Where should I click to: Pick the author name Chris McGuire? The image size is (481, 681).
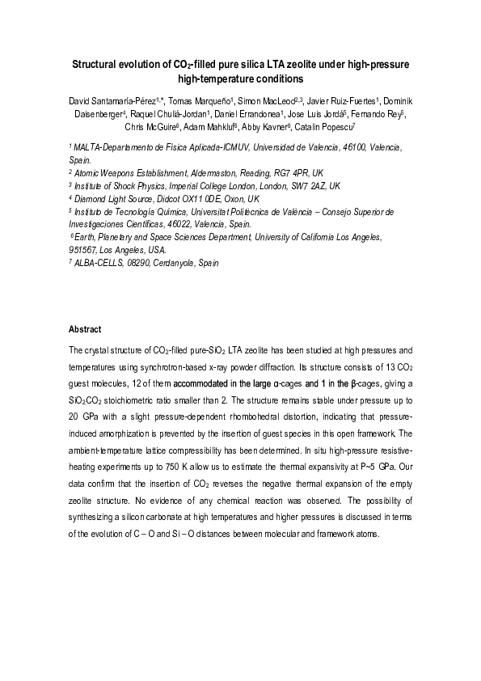coord(150,127)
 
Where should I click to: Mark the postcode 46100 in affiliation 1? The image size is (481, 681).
coord(339,149)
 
